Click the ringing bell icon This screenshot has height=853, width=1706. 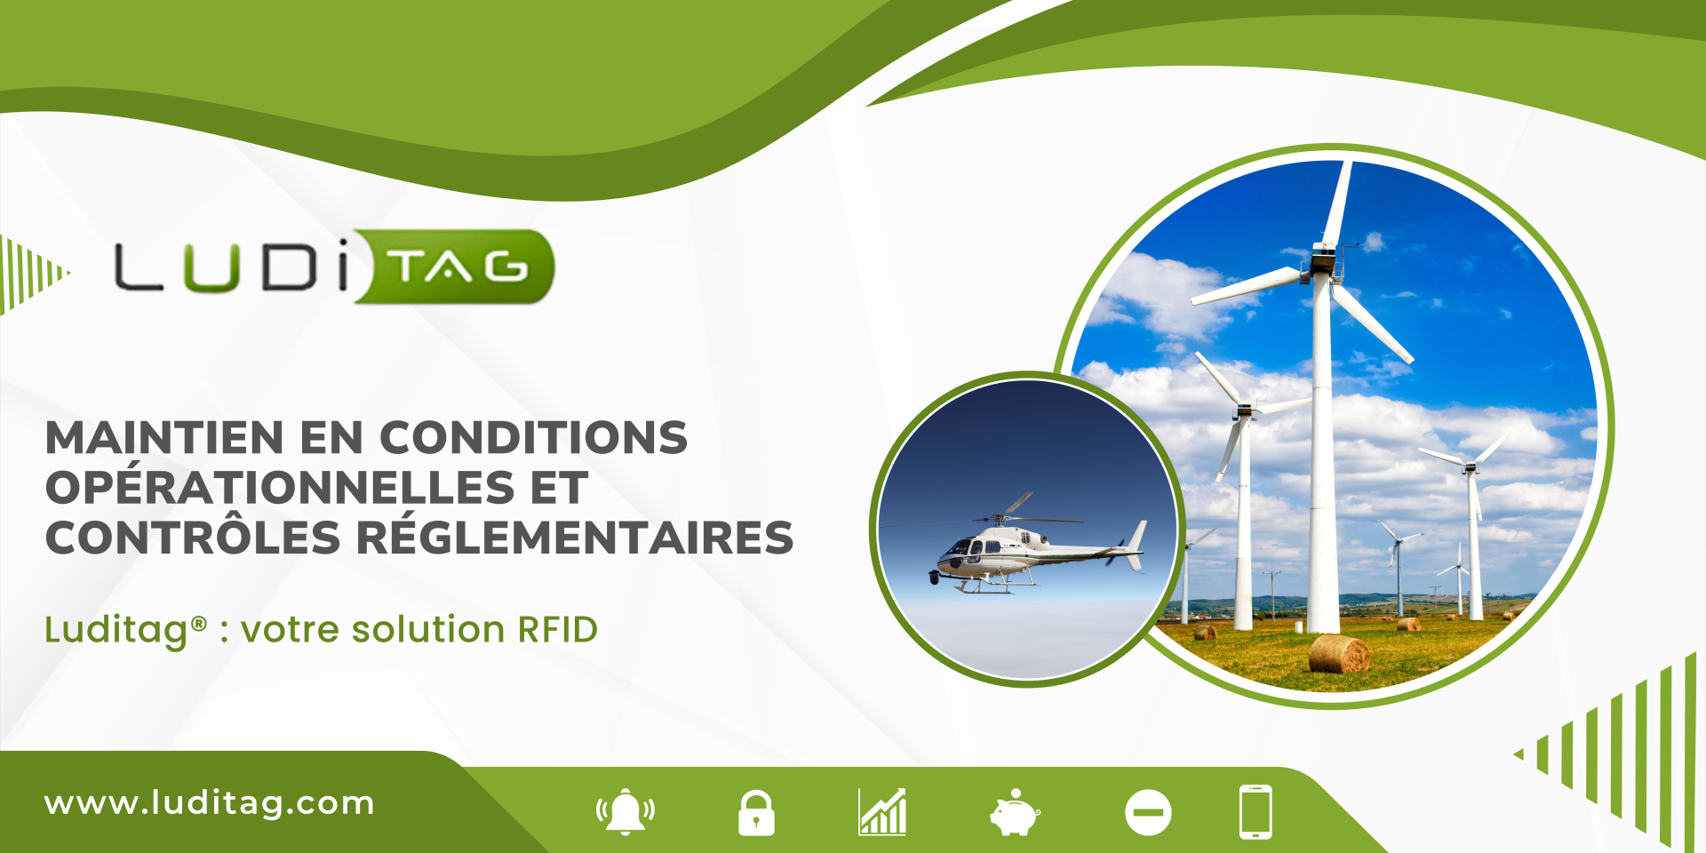coord(626,811)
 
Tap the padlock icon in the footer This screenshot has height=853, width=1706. coord(756,812)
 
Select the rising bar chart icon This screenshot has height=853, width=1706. coord(882,811)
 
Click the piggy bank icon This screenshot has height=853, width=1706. coord(1014,812)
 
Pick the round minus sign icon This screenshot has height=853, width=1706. coord(1148,812)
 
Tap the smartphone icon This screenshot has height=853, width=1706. coord(1256,811)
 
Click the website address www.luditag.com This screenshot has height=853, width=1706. coord(210,803)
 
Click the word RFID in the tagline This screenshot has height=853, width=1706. coord(558,629)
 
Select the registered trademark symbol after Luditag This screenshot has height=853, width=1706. coord(199,623)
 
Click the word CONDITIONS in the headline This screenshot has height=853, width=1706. coord(534,437)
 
